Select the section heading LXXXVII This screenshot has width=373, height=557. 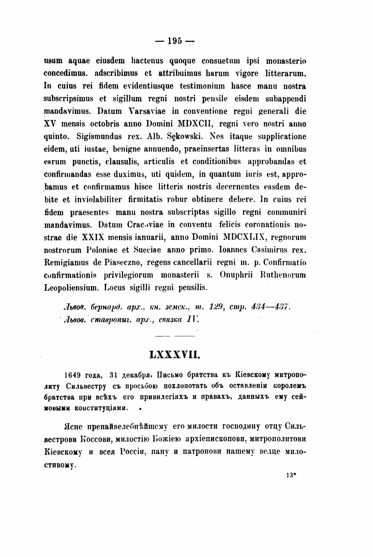point(174,355)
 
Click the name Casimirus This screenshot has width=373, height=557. point(269,250)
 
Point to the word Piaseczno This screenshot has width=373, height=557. point(124,262)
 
